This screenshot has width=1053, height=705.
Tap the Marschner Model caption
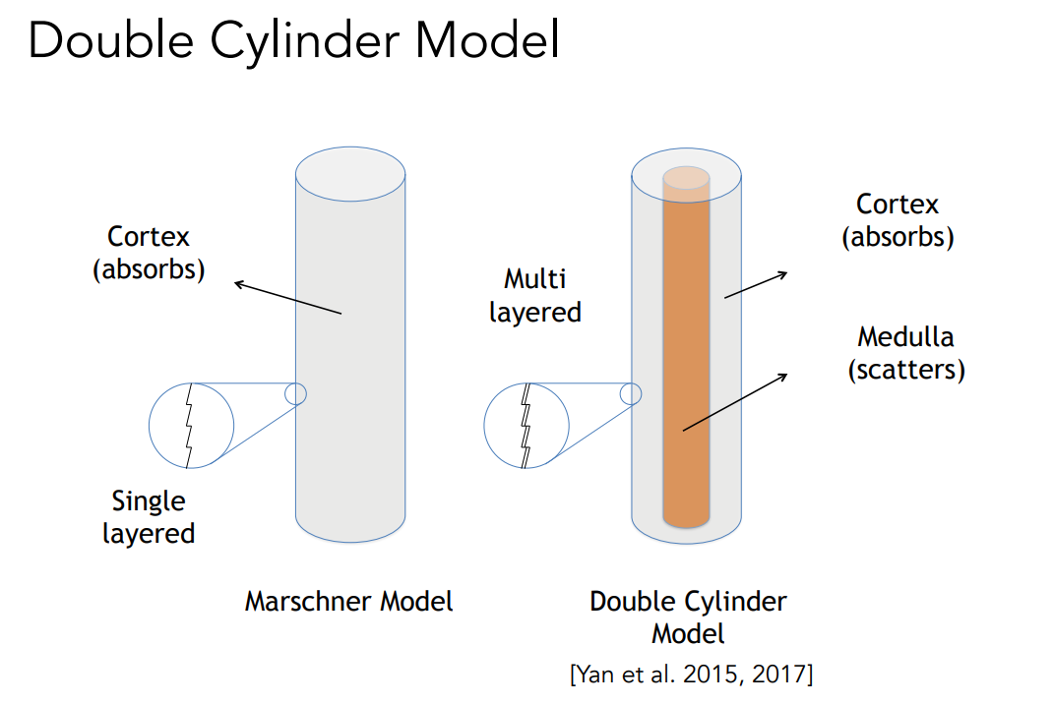(349, 601)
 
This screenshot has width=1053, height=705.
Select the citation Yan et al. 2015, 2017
(692, 675)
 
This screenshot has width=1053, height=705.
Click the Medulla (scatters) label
(905, 353)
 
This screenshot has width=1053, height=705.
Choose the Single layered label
(149, 517)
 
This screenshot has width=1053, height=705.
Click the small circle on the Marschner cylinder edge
(295, 393)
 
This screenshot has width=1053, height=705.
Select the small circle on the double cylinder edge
(631, 394)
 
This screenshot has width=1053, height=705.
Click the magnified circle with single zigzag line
(191, 425)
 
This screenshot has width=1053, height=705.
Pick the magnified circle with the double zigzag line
(526, 425)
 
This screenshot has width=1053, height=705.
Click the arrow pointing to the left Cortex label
(287, 298)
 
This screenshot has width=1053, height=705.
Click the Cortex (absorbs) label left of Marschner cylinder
(149, 253)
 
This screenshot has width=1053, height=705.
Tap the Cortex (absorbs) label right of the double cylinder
(898, 220)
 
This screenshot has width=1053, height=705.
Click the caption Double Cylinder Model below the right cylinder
(688, 616)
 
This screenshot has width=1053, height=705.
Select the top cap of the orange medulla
(685, 178)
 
